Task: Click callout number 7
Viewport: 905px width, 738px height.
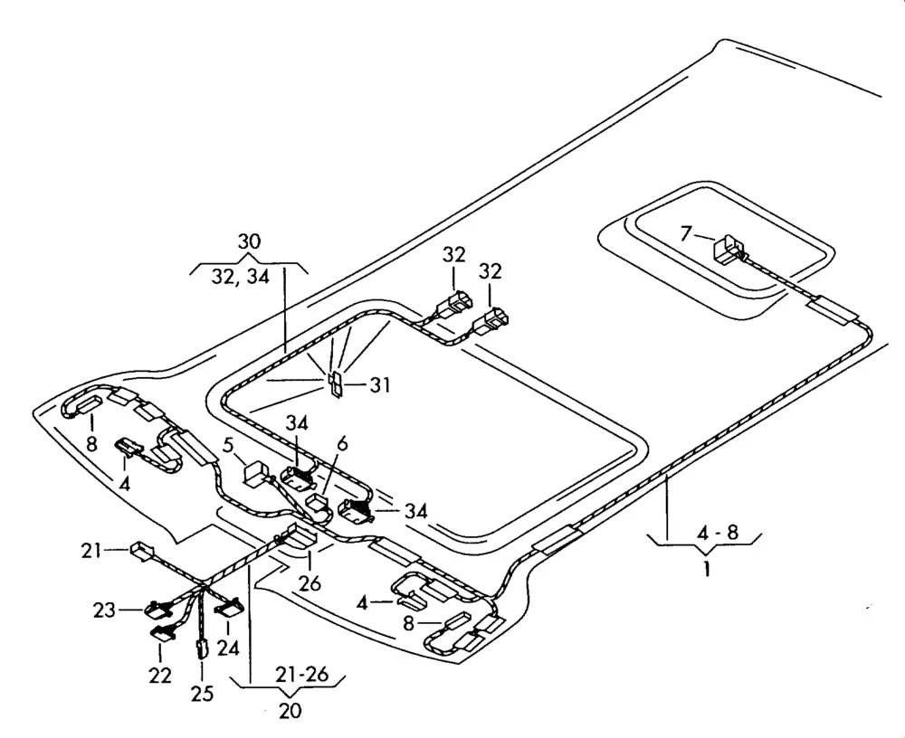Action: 687,235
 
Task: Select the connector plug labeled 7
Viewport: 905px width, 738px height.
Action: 729,248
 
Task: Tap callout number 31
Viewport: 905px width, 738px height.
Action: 380,386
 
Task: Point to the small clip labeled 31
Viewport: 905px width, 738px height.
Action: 334,383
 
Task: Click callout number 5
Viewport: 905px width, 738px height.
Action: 229,445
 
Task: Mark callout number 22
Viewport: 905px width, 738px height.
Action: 160,675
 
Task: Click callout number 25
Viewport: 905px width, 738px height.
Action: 202,694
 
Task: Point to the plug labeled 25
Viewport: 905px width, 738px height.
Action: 202,648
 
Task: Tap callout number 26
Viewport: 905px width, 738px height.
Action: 310,584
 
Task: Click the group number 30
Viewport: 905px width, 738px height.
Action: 249,241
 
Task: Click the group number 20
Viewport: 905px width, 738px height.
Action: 290,710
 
